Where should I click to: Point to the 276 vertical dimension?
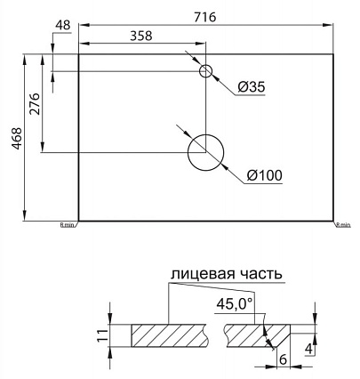click(36, 108)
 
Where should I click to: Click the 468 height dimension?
click(15, 135)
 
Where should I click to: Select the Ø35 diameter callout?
click(252, 86)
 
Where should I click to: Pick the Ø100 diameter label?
click(264, 175)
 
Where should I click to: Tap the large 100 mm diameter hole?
click(206, 152)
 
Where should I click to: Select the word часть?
click(257, 273)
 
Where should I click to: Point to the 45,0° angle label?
click(235, 304)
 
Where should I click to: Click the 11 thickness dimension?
click(103, 335)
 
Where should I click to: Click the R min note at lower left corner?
click(68, 225)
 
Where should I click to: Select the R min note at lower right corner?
click(344, 225)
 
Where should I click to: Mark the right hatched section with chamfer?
click(250, 336)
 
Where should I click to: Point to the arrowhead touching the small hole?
click(198, 65)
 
